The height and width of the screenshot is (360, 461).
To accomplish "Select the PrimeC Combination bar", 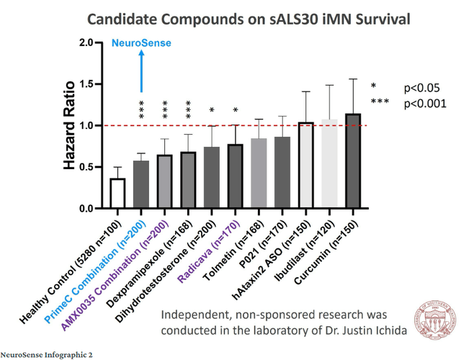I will (x=141, y=185).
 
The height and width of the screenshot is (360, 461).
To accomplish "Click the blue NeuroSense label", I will (x=141, y=43).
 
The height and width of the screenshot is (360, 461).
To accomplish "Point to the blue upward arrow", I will (x=141, y=72).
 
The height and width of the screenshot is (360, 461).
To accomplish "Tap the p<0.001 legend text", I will (x=425, y=103).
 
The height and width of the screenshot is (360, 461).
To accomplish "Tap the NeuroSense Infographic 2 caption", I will (x=46, y=354).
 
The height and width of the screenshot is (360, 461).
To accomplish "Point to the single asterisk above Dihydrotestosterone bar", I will (x=212, y=110).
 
